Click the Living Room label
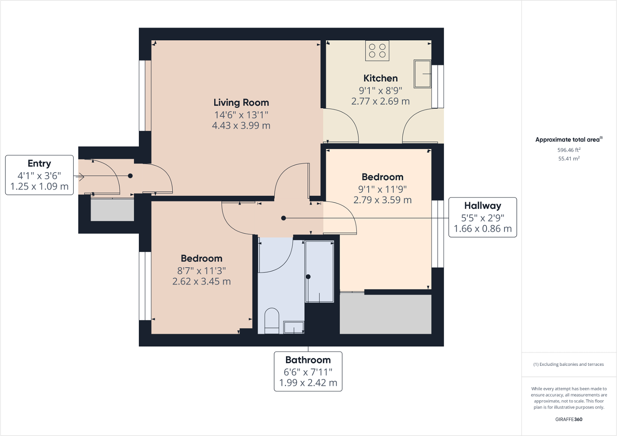click(x=241, y=103)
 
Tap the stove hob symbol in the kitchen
click(x=377, y=51)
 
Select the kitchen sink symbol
click(x=422, y=74)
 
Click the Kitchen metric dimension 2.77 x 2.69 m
click(x=380, y=101)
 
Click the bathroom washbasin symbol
click(x=294, y=327)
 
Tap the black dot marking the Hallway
click(x=284, y=218)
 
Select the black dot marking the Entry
click(x=130, y=176)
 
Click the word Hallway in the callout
click(x=482, y=206)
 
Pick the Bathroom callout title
click(x=308, y=360)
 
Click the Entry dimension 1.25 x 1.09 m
click(x=39, y=187)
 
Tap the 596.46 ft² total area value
click(x=568, y=150)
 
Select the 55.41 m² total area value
click(x=568, y=159)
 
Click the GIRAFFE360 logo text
click(x=568, y=419)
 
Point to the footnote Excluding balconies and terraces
click(x=568, y=364)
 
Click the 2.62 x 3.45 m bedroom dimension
click(x=201, y=282)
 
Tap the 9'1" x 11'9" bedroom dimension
click(x=382, y=189)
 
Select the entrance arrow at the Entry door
click(x=80, y=177)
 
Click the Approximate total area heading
click(x=568, y=140)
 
